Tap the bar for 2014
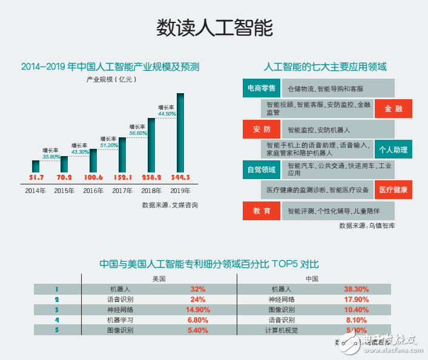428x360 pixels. pos(36,166)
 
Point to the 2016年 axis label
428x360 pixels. pos(93,191)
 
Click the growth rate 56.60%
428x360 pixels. pos(138,133)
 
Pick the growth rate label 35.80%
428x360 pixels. pos(51,157)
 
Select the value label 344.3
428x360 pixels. pos(180,177)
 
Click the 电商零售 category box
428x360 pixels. pos(261,88)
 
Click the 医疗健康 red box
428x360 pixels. pos(393,190)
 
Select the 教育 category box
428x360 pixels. pos(261,211)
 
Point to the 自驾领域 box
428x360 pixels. pos(261,169)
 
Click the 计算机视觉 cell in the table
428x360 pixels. pos(281,330)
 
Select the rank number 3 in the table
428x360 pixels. pos(56,310)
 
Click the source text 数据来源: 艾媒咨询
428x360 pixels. pos(170,205)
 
